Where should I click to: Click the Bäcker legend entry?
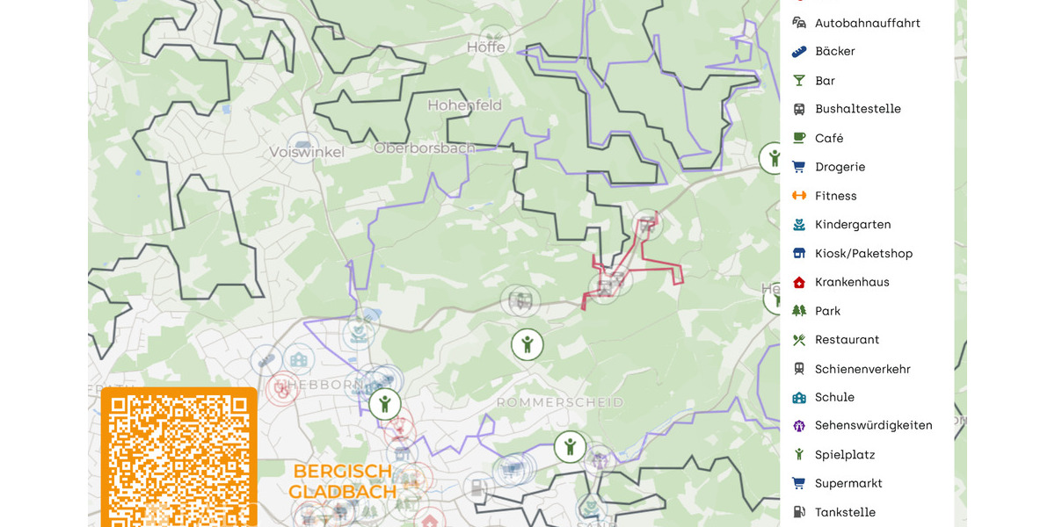834,52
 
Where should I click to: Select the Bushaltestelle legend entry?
857,109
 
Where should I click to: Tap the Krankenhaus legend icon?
799,283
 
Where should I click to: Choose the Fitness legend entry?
835,196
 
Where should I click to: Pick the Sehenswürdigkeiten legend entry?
873,425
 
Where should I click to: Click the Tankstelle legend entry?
845,512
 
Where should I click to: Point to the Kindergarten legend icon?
799,225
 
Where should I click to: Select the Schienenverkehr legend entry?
862,369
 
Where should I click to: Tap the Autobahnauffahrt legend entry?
867,23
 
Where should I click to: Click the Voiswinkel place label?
307,152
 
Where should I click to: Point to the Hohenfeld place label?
464,105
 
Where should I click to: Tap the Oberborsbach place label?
424,148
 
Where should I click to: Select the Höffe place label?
486,47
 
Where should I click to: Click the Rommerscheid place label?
559,402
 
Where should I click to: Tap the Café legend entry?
828,138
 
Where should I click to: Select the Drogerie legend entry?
840,167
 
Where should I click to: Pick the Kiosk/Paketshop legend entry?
863,254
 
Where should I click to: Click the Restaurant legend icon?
799,340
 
